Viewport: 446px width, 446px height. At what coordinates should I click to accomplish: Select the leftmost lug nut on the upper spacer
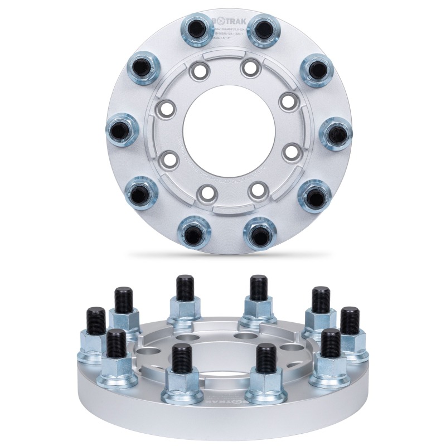[120, 129]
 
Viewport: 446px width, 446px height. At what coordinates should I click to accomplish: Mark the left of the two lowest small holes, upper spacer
[207, 193]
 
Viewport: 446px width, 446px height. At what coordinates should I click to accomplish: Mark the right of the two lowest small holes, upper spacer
[256, 190]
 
